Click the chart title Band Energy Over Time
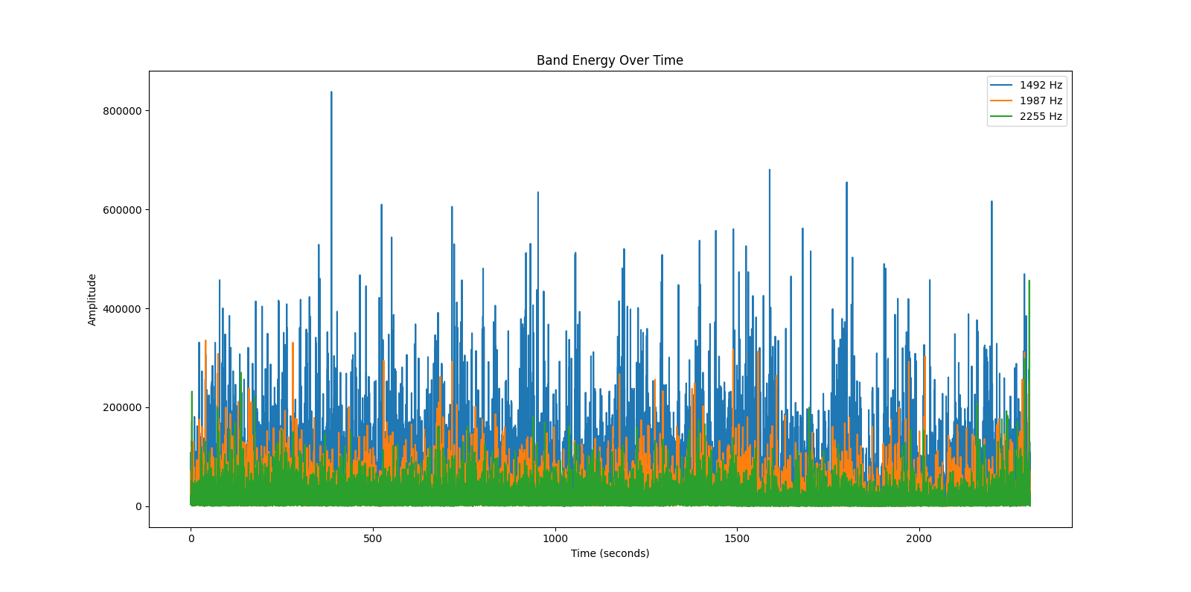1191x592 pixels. pyautogui.click(x=610, y=60)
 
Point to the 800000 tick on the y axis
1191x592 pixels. pyautogui.click(x=122, y=111)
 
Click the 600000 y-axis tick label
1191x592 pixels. pyautogui.click(x=122, y=210)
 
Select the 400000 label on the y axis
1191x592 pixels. pyautogui.click(x=122, y=309)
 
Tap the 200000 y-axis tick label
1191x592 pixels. pyautogui.click(x=122, y=408)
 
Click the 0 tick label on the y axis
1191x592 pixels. pyautogui.click(x=138, y=506)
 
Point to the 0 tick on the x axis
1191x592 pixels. pyautogui.click(x=191, y=538)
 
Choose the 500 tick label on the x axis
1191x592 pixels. pyautogui.click(x=373, y=538)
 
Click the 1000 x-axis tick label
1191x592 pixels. pyautogui.click(x=555, y=538)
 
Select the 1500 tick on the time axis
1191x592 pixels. pyautogui.click(x=737, y=538)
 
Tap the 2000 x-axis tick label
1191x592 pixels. pyautogui.click(x=919, y=538)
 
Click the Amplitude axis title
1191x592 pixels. pyautogui.click(x=92, y=299)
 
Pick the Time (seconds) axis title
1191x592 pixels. pyautogui.click(x=610, y=553)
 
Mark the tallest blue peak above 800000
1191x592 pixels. pyautogui.click(x=331, y=93)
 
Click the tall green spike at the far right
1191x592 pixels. pyautogui.click(x=1029, y=283)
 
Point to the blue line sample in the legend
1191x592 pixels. pyautogui.click(x=1001, y=85)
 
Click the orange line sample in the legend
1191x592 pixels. pyautogui.click(x=1001, y=101)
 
